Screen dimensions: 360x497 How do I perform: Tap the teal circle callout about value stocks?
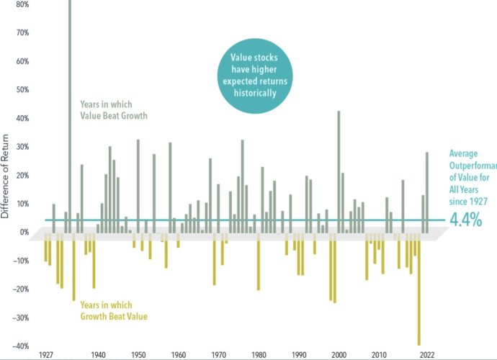coord(254,75)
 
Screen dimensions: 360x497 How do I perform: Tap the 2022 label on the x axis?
coord(426,355)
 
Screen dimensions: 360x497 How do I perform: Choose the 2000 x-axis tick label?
coord(339,355)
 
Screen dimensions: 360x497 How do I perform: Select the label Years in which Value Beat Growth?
coord(119,109)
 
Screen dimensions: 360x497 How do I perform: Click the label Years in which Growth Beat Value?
coord(118,310)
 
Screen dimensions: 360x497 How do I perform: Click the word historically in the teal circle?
coord(254,94)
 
